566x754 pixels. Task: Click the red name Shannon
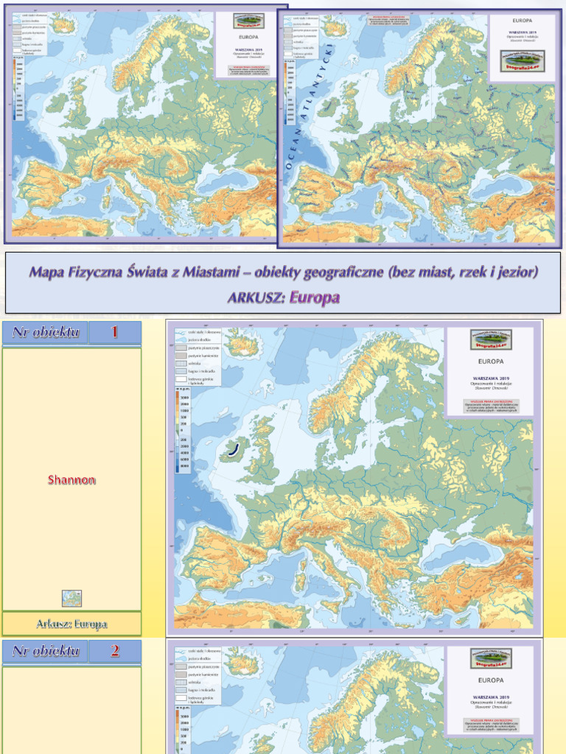pyautogui.click(x=72, y=480)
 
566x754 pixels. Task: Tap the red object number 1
pyautogui.click(x=114, y=332)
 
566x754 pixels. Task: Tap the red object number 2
pyautogui.click(x=114, y=650)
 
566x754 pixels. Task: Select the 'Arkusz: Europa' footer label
pyautogui.click(x=71, y=624)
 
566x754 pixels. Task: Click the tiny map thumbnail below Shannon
pyautogui.click(x=71, y=598)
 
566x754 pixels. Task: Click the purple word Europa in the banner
pyautogui.click(x=315, y=298)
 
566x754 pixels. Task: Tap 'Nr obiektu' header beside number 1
pyautogui.click(x=45, y=332)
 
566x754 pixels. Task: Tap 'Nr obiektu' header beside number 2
pyautogui.click(x=45, y=650)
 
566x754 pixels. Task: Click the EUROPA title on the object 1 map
pyautogui.click(x=491, y=362)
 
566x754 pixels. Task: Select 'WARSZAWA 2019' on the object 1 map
pyautogui.click(x=491, y=376)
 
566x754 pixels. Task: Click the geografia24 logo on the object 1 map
pyautogui.click(x=491, y=339)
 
